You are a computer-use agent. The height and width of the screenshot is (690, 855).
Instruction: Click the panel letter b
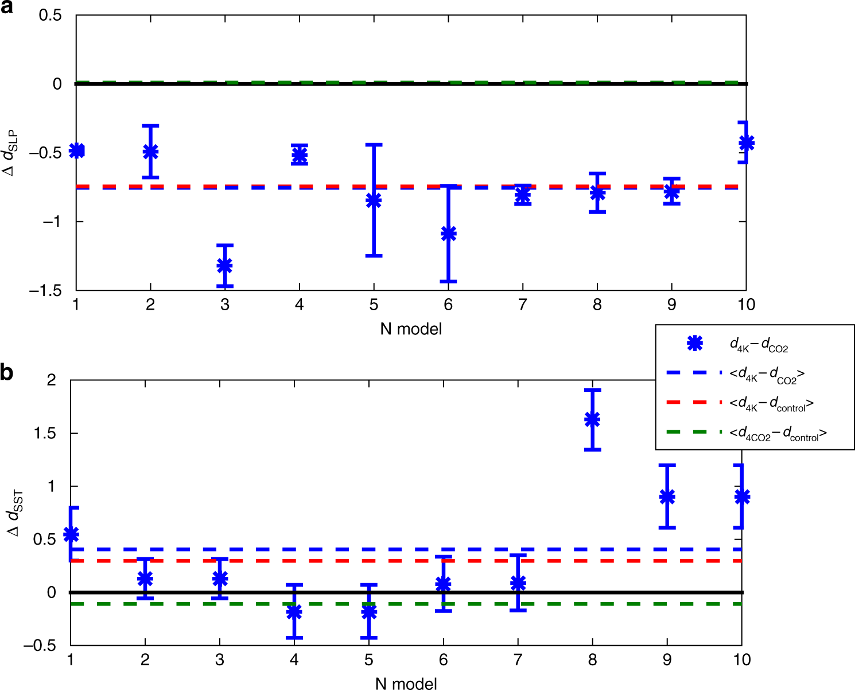tap(7, 373)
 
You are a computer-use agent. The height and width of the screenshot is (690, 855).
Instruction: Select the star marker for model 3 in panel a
tap(224, 265)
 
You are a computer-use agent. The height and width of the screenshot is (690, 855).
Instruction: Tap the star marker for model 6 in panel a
tap(448, 234)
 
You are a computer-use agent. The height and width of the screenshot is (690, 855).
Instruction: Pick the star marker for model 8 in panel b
tap(592, 419)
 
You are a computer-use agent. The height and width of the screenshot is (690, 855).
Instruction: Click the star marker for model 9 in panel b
tap(667, 497)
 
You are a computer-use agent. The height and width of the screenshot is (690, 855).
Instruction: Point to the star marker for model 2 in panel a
tap(150, 152)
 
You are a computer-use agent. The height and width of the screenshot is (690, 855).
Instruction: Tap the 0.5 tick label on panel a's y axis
tap(50, 15)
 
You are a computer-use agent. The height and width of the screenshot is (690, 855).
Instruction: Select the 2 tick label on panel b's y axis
tap(52, 380)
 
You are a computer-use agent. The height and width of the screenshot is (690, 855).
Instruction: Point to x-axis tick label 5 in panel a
tap(374, 304)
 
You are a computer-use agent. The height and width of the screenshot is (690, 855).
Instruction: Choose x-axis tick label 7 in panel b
tap(518, 659)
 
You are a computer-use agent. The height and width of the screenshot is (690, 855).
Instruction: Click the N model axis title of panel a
tap(411, 329)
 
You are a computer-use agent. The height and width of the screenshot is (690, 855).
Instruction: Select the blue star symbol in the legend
tap(695, 343)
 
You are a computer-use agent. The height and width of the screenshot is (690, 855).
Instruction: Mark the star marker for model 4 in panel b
tap(294, 612)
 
